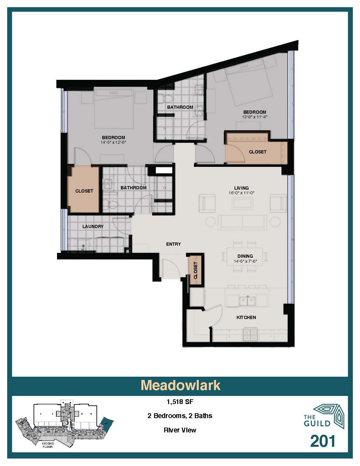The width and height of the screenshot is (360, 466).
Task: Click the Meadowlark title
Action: point(180,385)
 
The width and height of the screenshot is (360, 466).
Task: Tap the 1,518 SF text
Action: point(180,402)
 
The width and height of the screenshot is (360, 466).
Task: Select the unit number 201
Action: point(323,441)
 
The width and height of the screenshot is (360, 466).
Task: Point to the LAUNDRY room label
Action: point(93,226)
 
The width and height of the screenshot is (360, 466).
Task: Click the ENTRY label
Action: point(173,244)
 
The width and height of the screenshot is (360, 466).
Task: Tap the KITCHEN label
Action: point(246,317)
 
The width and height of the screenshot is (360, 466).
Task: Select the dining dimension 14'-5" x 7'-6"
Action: point(245,261)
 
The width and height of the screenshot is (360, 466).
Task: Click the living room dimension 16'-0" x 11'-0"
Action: point(241,193)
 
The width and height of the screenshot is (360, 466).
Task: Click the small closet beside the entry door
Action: point(195,270)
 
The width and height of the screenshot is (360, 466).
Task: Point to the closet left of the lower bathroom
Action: point(84,191)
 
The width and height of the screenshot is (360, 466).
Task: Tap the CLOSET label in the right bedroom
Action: point(257,152)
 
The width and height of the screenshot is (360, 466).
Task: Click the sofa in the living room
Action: point(243,222)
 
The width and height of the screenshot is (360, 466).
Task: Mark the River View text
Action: point(180,430)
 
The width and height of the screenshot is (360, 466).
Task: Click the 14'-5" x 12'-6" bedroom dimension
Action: point(113,142)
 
